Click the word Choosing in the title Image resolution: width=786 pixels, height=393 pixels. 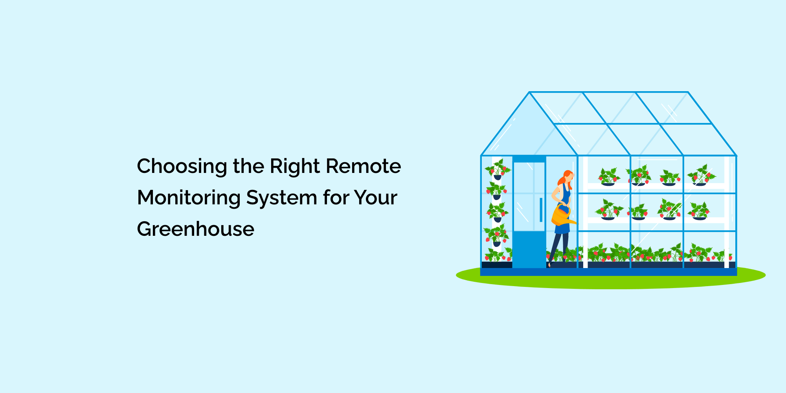(x=182, y=167)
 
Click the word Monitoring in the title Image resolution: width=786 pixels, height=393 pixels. (x=189, y=198)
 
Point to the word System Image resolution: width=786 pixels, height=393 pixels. (x=281, y=198)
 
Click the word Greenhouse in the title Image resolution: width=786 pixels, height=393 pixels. (x=195, y=229)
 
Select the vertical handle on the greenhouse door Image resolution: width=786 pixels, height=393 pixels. (x=541, y=210)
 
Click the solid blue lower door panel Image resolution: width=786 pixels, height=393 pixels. (x=529, y=249)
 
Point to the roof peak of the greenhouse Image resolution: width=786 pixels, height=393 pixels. (x=529, y=93)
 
